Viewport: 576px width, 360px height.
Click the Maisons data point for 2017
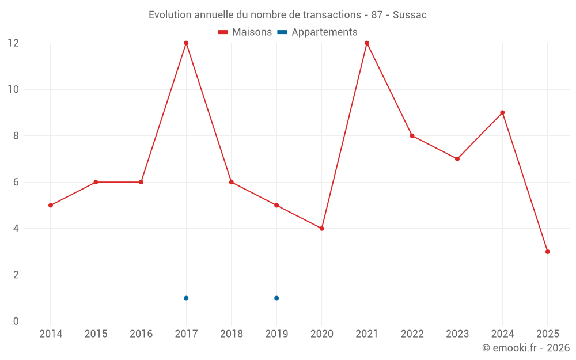[186, 43]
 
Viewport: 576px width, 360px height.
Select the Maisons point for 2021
[367, 43]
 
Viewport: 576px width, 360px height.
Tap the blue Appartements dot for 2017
[186, 298]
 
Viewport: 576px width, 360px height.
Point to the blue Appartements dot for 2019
[276, 298]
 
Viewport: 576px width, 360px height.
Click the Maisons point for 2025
[547, 252]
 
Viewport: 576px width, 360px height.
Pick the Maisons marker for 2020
[321, 229]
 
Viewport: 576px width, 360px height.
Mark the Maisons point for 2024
[502, 113]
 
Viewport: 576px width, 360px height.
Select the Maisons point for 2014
[51, 205]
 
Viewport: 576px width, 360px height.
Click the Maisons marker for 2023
[457, 159]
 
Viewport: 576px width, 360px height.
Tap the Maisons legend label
[252, 32]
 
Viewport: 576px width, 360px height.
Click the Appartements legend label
[324, 32]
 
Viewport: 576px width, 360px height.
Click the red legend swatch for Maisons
[223, 32]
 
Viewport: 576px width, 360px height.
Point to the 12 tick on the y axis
[13, 43]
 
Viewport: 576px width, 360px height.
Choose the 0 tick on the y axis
[16, 321]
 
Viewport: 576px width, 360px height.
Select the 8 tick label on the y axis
[16, 136]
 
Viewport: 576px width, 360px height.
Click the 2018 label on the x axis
[231, 334]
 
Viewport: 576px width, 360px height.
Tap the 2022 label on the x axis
[412, 334]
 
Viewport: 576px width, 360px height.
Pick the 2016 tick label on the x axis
[141, 334]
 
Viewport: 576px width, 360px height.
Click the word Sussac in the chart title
[410, 15]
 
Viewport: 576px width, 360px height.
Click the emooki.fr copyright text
[526, 348]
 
